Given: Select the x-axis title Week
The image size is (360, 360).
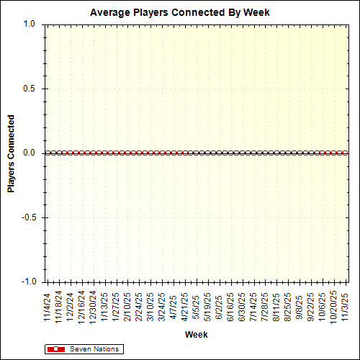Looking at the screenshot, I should click(x=196, y=335).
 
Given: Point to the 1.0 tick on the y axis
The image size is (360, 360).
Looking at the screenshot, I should click(x=30, y=24).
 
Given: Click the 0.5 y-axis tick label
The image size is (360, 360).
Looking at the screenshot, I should click(x=30, y=89).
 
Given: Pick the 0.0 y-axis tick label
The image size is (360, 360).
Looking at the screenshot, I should click(x=30, y=153).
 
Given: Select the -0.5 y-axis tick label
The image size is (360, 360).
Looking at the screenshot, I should click(x=28, y=217).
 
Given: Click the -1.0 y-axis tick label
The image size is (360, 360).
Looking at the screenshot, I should click(x=28, y=282).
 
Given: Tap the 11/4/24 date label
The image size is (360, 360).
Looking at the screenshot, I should click(x=47, y=306).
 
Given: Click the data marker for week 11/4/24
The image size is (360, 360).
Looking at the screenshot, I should click(x=47, y=153).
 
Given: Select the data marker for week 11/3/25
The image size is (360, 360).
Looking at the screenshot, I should click(x=346, y=153).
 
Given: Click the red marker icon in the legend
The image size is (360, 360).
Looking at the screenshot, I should click(x=55, y=349).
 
